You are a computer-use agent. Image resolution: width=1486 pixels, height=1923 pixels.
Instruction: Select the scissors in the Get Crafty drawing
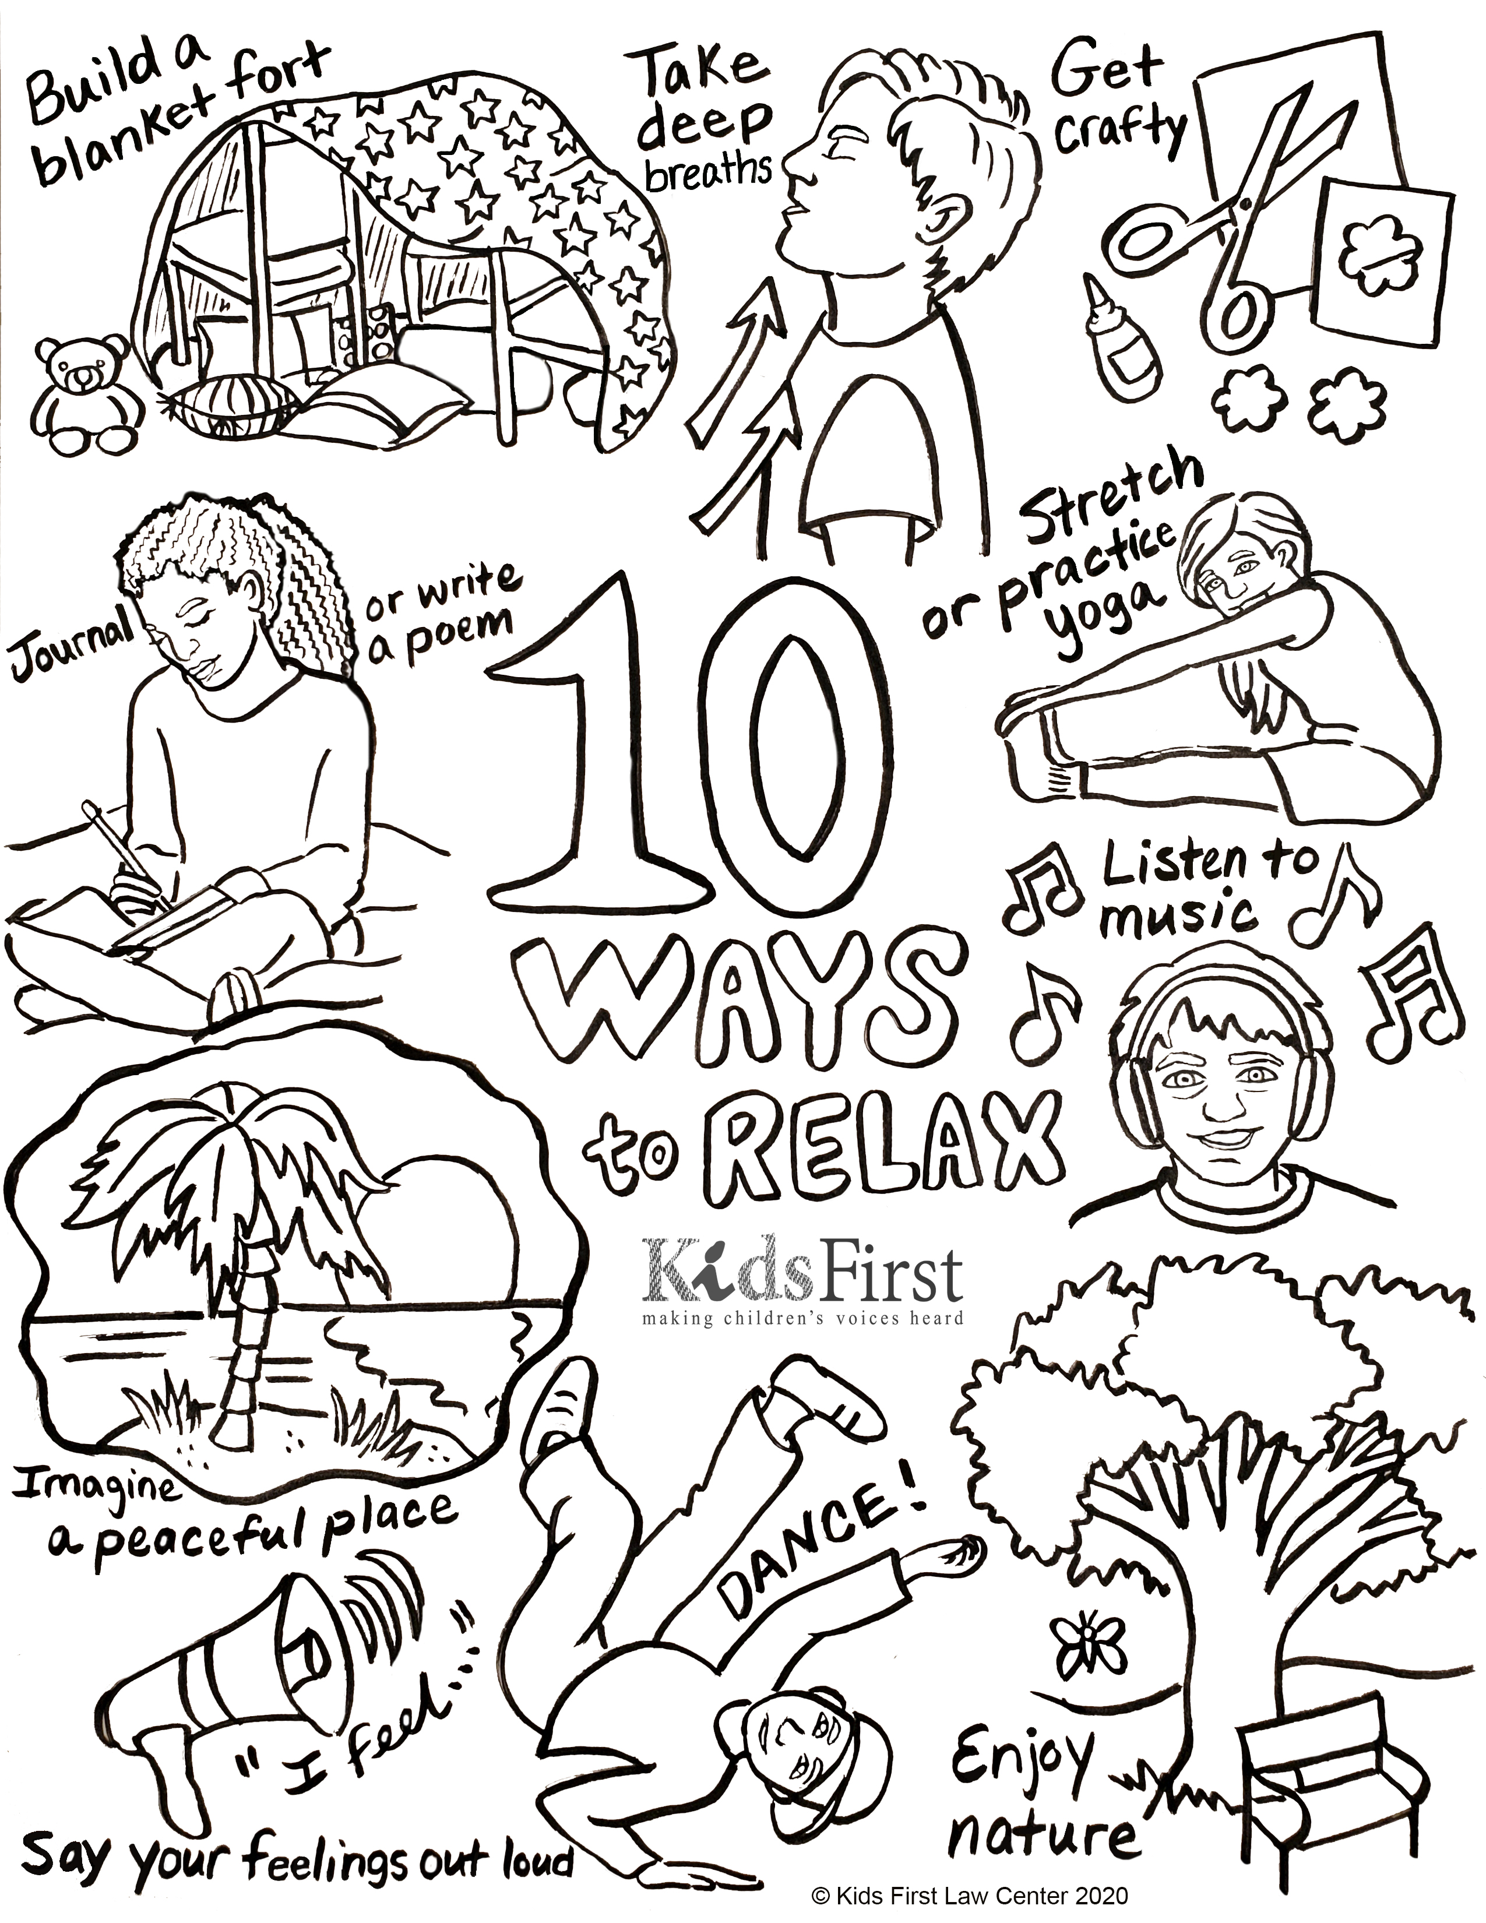pos(1231,220)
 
